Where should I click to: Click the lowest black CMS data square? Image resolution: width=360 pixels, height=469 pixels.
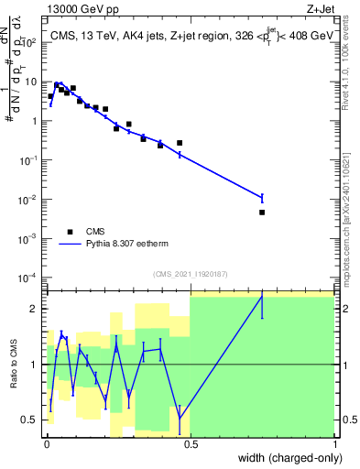pyautogui.click(x=262, y=212)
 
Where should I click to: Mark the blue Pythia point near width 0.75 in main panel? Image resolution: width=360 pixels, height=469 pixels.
pyautogui.click(x=262, y=197)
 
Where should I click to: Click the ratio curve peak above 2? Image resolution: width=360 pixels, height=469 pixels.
pyautogui.click(x=262, y=297)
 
